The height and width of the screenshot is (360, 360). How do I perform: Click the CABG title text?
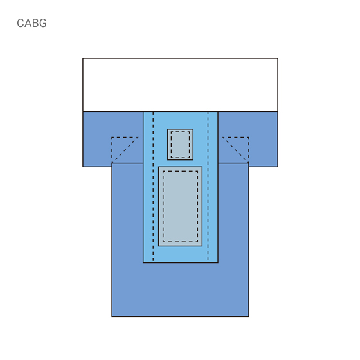click(32, 23)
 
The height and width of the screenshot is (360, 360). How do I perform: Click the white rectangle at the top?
click(180, 85)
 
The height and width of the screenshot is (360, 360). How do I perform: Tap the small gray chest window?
click(180, 145)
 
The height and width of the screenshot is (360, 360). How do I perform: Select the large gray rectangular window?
click(180, 206)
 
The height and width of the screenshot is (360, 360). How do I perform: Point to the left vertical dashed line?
click(153, 186)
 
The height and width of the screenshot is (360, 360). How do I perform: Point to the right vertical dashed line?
click(208, 186)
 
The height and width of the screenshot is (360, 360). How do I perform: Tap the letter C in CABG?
click(21, 23)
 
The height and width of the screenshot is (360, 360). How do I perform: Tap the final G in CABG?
click(43, 23)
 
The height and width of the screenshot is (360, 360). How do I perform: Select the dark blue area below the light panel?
click(180, 289)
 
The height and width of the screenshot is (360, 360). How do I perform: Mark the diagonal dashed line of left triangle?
click(125, 149)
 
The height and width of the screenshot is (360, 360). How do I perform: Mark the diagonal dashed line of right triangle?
click(235, 149)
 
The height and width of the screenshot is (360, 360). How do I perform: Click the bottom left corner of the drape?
click(112, 316)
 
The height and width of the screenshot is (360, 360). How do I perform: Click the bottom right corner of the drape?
click(249, 316)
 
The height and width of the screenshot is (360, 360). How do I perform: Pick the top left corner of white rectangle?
click(83, 59)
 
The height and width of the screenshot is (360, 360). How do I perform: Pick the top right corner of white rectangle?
click(278, 59)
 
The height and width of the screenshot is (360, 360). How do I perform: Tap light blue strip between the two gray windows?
click(180, 163)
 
